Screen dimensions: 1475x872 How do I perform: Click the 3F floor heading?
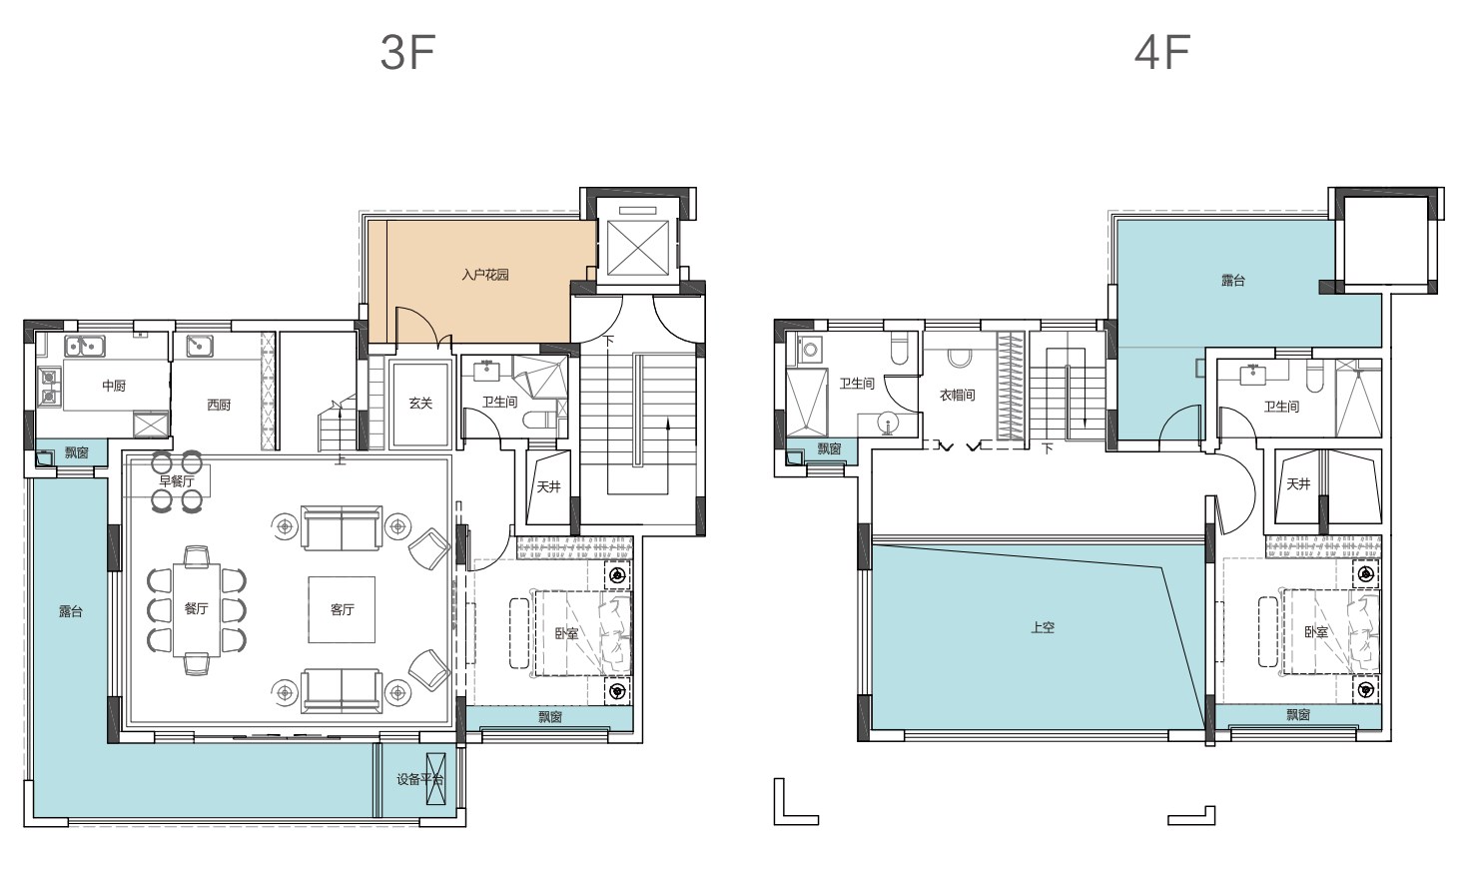407,53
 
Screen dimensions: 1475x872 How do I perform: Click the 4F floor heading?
1162,53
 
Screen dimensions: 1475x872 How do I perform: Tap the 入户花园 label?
485,275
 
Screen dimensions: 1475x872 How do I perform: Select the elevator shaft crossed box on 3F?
637,248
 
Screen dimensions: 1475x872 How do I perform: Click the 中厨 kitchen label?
114,386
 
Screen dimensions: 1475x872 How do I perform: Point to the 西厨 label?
220,405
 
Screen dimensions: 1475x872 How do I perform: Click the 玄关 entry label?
420,404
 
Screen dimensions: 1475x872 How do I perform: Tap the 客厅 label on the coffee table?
343,610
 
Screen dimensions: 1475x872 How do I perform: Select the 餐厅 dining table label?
196,608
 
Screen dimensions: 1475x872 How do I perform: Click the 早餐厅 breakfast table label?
177,481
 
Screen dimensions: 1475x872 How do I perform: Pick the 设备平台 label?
420,780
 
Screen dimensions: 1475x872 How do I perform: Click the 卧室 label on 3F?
566,633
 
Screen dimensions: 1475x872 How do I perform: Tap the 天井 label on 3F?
548,486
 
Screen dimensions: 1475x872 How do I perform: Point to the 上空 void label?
1043,627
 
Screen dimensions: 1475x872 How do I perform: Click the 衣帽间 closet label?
957,396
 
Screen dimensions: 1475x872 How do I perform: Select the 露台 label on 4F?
1233,281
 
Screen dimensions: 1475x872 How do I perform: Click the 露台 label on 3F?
71,611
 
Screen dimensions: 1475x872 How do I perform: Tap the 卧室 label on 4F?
1316,632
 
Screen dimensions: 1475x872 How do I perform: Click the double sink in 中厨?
84,346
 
